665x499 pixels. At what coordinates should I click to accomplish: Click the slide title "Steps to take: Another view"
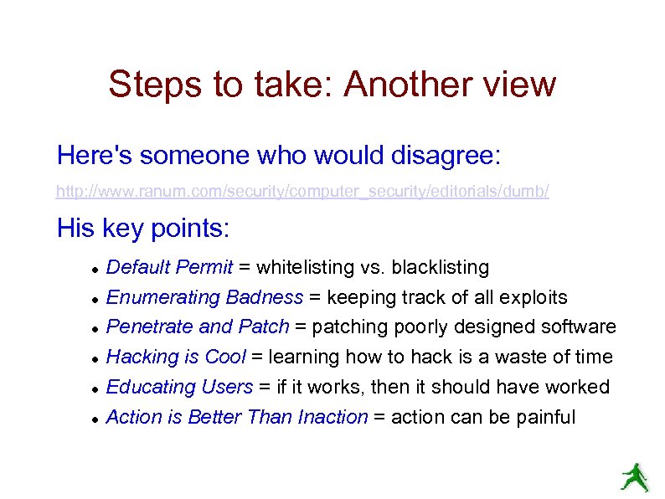point(332,85)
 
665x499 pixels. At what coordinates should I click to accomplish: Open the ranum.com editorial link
point(302,192)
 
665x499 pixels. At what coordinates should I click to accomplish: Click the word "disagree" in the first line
point(445,155)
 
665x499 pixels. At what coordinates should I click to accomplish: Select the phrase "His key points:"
point(143,228)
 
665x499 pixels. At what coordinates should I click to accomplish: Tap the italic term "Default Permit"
point(169,268)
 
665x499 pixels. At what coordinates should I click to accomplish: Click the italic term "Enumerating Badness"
point(204,297)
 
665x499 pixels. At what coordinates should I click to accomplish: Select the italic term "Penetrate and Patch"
point(198,327)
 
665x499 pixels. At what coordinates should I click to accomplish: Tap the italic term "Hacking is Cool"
point(176,358)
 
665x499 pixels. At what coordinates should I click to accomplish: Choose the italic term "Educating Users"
point(179,387)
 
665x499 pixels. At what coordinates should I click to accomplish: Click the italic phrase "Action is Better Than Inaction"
point(237,417)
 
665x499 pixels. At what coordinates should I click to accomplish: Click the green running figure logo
point(634,477)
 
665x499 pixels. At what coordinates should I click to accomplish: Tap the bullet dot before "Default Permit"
point(97,270)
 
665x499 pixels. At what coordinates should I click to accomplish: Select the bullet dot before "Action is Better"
point(97,419)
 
